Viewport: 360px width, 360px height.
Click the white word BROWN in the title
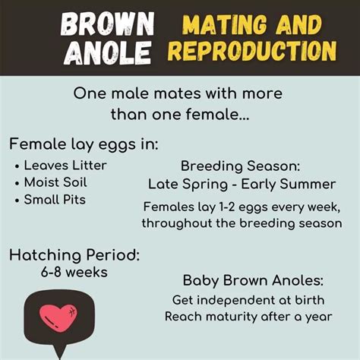pyautogui.click(x=107, y=24)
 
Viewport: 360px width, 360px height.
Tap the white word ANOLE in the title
pyautogui.click(x=108, y=53)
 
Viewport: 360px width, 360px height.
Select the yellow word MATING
pyautogui.click(x=225, y=24)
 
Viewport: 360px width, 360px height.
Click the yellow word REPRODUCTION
pyautogui.click(x=252, y=51)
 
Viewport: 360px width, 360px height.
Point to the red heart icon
pyautogui.click(x=58, y=317)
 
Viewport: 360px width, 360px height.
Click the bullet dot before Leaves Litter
pyautogui.click(x=17, y=167)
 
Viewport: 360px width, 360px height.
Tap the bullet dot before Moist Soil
pyautogui.click(x=17, y=184)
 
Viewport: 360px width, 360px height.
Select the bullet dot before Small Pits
pyautogui.click(x=17, y=201)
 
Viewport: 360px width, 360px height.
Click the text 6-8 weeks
pyautogui.click(x=74, y=273)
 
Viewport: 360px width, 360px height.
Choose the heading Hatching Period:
pyautogui.click(x=74, y=255)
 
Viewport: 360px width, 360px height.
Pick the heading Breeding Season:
pyautogui.click(x=240, y=166)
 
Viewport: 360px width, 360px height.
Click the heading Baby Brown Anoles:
pyautogui.click(x=253, y=281)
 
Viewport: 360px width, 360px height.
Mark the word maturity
pyautogui.click(x=232, y=317)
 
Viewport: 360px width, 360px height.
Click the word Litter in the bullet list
pyautogui.click(x=90, y=166)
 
